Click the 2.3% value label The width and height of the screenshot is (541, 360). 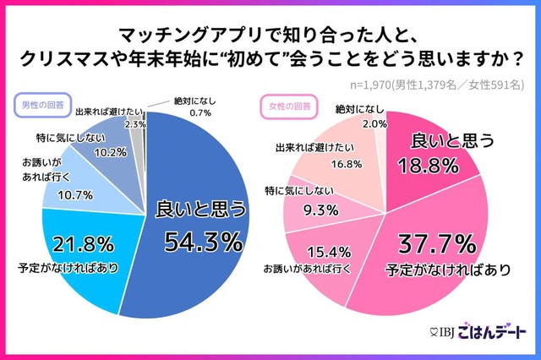[134, 124]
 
